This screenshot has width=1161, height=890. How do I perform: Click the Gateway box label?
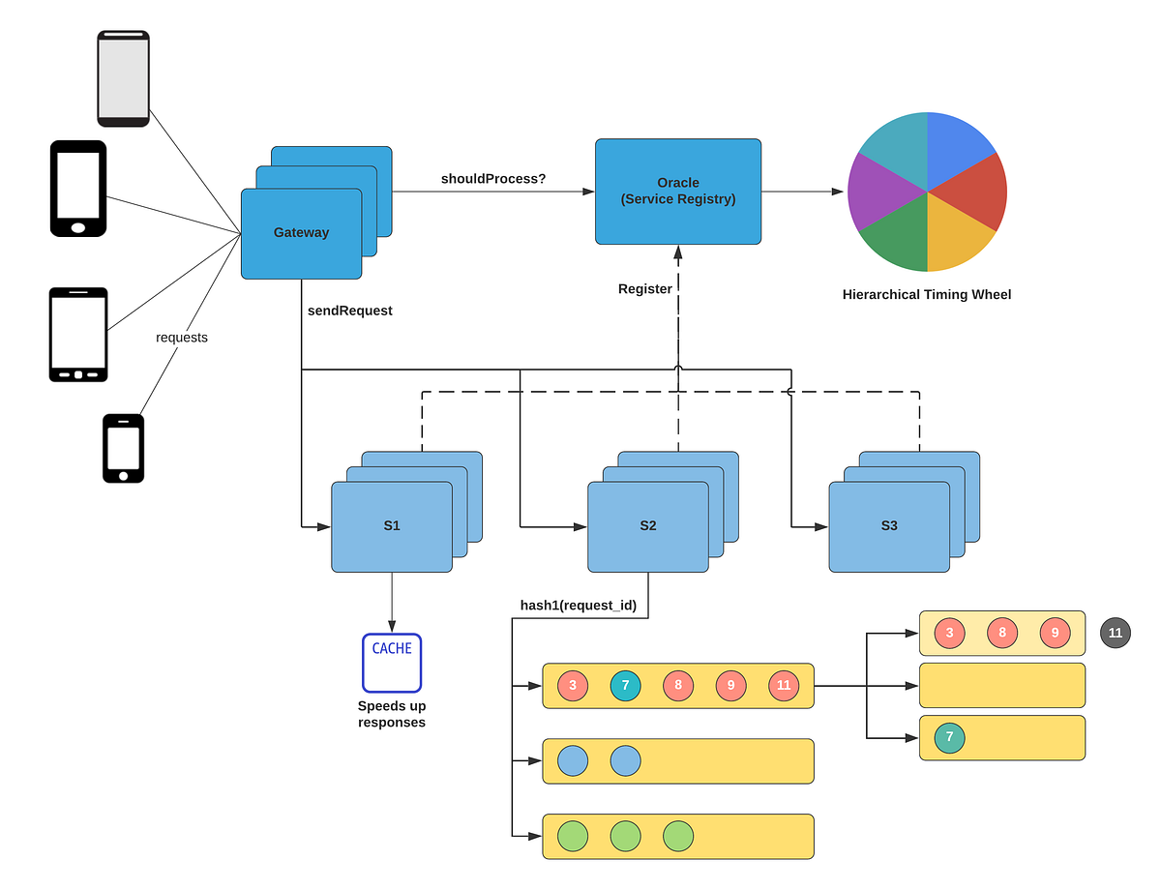click(x=301, y=232)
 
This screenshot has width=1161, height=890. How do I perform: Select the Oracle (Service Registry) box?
click(x=677, y=191)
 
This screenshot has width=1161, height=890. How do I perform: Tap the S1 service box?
click(x=391, y=526)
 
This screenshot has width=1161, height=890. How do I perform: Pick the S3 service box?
click(x=888, y=526)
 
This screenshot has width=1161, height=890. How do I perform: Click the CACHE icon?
click(x=392, y=663)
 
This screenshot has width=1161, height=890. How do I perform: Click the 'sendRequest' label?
click(x=349, y=311)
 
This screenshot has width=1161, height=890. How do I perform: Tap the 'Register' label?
click(x=644, y=288)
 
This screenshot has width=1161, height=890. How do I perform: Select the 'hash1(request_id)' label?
click(x=578, y=606)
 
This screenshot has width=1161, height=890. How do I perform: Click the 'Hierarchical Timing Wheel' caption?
click(x=926, y=294)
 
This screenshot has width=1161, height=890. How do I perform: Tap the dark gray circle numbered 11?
click(x=1115, y=633)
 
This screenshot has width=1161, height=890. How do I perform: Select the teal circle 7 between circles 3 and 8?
click(x=625, y=686)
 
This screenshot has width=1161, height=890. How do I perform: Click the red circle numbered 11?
click(x=784, y=686)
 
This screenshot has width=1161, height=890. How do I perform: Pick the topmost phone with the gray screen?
click(x=123, y=78)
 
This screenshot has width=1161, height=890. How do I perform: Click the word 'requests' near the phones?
click(x=182, y=338)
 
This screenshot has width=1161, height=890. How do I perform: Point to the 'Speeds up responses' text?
click(x=392, y=714)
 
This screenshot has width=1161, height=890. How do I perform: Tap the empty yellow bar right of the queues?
click(x=1001, y=686)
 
